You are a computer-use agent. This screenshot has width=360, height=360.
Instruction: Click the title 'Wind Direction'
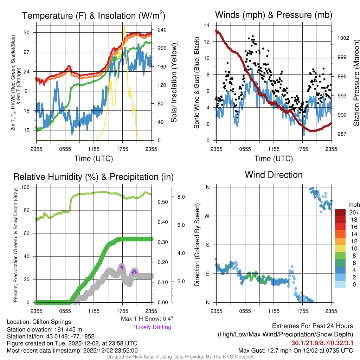tap(274, 175)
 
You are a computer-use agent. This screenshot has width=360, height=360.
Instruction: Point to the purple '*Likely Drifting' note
tap(152, 327)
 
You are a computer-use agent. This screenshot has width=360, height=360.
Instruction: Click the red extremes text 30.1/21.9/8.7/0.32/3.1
tap(322, 343)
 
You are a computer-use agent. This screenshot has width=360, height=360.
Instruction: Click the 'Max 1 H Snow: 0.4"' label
tap(147, 319)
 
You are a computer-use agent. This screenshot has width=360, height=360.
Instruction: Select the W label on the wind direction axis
tap(208, 216)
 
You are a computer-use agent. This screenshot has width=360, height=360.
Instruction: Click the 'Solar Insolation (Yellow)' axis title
tap(174, 83)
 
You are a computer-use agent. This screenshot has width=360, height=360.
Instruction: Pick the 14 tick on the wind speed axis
tap(207, 25)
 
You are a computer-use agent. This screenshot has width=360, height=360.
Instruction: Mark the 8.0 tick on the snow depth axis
tap(181, 197)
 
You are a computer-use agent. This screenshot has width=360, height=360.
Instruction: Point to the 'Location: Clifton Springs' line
tap(39, 322)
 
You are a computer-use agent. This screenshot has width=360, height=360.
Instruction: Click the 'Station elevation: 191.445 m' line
tap(44, 329)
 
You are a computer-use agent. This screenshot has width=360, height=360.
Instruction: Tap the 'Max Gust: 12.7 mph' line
tap(295, 351)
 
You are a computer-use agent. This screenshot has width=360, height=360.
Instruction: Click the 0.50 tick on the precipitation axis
tap(162, 202)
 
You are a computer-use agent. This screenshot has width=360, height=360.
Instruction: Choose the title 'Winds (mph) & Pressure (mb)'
tap(274, 15)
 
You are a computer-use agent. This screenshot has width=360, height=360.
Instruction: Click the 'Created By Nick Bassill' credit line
tap(180, 357)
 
